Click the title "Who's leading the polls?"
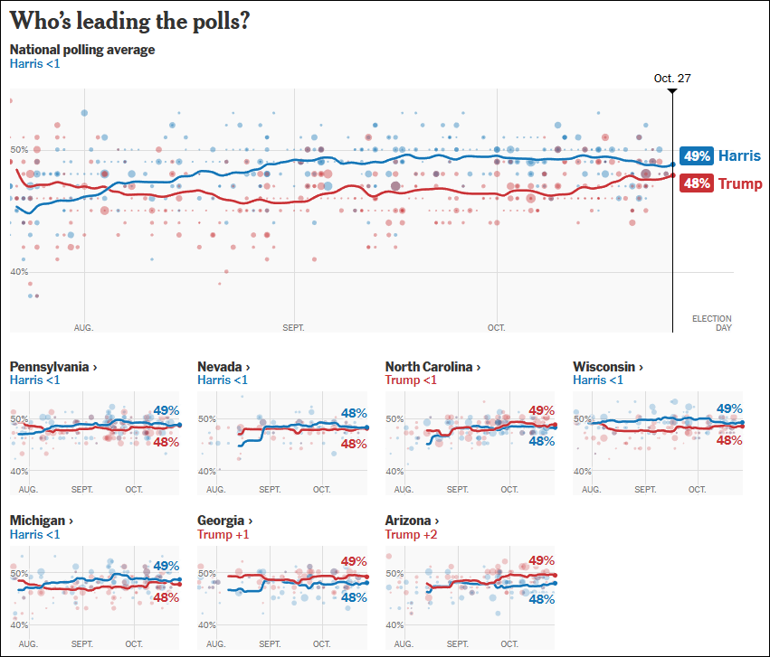click(x=130, y=22)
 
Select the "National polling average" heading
click(x=82, y=50)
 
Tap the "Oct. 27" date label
click(x=672, y=79)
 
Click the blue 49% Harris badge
click(x=697, y=155)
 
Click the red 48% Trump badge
click(x=697, y=183)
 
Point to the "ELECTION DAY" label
click(x=711, y=323)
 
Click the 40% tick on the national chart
click(x=20, y=271)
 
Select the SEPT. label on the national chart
click(x=294, y=328)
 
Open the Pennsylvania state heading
click(x=53, y=367)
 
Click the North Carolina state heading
click(x=432, y=367)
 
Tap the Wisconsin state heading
click(x=608, y=367)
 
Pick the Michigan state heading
click(x=40, y=521)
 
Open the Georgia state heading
click(x=224, y=521)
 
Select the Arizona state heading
click(x=412, y=521)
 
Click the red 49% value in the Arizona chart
click(x=540, y=560)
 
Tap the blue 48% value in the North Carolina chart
click(x=540, y=442)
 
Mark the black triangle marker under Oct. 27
click(x=672, y=91)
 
